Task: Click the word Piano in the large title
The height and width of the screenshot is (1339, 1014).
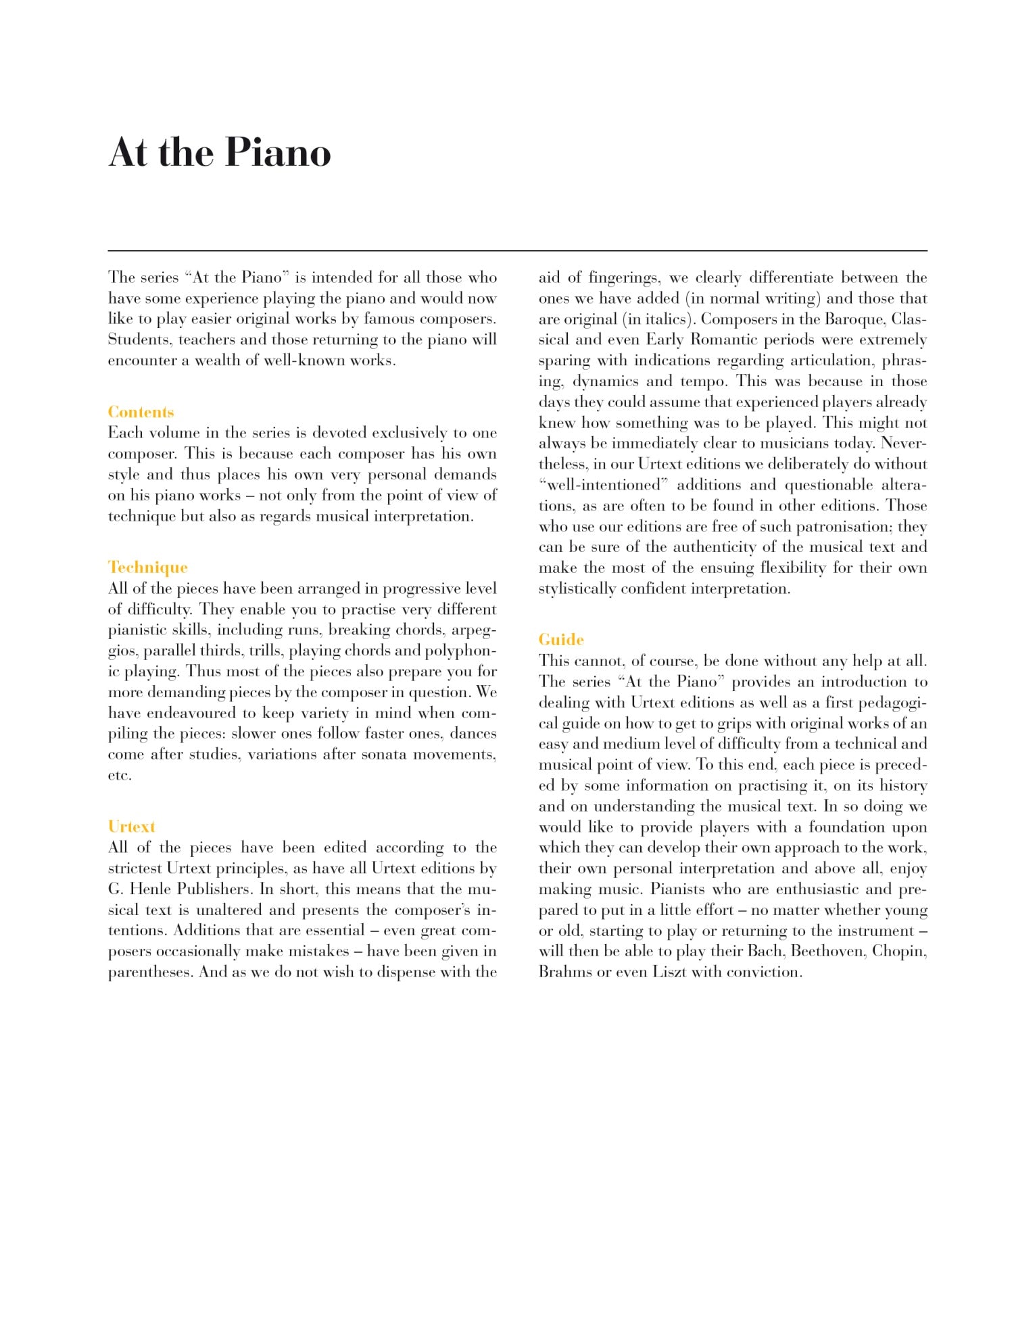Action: (277, 153)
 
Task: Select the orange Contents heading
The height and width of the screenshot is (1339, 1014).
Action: (141, 412)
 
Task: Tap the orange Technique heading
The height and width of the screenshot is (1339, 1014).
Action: (148, 567)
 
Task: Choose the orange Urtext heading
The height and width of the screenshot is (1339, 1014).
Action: (132, 826)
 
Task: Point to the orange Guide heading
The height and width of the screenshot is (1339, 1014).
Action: (561, 640)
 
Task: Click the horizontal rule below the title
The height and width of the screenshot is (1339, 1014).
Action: (518, 251)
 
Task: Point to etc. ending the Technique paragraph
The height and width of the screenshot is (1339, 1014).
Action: (120, 775)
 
